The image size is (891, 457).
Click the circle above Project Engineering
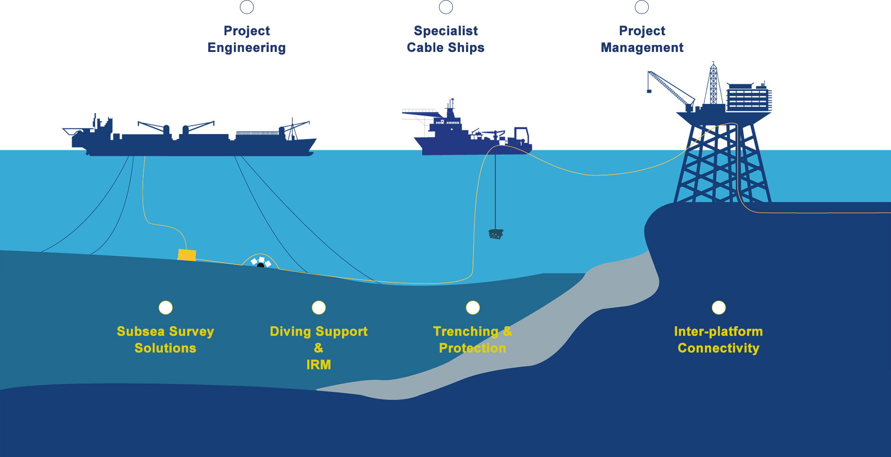247,7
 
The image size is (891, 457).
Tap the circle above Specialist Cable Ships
446,7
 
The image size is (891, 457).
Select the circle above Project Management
642,7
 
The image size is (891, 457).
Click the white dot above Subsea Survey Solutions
166,308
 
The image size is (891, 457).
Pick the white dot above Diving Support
319,308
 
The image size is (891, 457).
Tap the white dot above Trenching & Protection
473,308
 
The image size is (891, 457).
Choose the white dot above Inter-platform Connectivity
719,308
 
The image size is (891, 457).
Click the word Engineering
246,48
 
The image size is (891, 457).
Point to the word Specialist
445,31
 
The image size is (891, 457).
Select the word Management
642,48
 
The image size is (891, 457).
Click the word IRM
318,365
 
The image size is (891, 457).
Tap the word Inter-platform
718,331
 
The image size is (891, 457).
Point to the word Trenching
465,331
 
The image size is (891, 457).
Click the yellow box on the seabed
187,255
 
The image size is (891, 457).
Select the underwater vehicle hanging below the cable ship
496,233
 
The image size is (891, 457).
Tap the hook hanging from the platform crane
649,91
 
